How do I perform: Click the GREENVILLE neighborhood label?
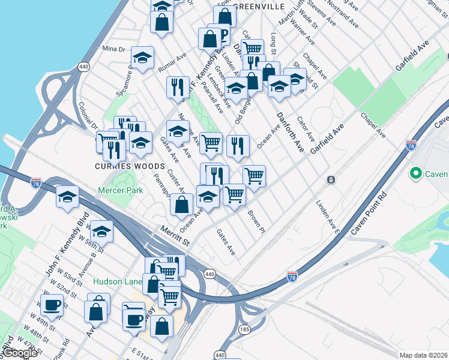click(x=259, y=6)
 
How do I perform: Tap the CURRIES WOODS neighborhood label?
click(x=129, y=166)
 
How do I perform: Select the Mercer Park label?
click(x=120, y=191)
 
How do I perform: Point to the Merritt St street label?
click(x=175, y=235)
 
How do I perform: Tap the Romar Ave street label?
click(x=172, y=62)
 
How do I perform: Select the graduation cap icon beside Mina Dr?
click(x=142, y=58)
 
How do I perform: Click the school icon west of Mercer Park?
click(x=68, y=196)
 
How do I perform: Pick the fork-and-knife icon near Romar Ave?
click(x=178, y=86)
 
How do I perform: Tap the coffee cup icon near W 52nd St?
click(x=52, y=304)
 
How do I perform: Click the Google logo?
click(x=20, y=353)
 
